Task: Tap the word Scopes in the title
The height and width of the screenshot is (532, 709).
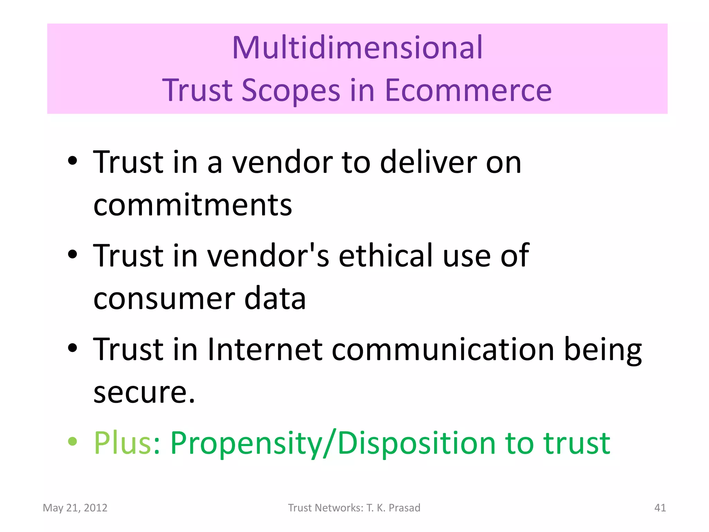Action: (x=291, y=91)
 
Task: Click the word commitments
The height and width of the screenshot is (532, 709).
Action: (x=192, y=205)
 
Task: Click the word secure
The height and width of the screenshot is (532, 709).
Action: (x=144, y=393)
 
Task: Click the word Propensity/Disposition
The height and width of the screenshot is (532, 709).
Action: (x=333, y=443)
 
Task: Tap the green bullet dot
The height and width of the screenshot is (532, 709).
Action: (x=73, y=441)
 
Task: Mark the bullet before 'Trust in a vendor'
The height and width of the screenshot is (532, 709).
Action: (x=73, y=161)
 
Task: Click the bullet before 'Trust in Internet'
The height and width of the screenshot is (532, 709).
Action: (x=73, y=348)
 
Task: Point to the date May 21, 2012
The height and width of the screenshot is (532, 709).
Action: (x=75, y=508)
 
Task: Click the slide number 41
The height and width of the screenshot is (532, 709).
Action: (x=660, y=508)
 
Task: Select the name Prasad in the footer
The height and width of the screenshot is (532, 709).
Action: (x=404, y=508)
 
